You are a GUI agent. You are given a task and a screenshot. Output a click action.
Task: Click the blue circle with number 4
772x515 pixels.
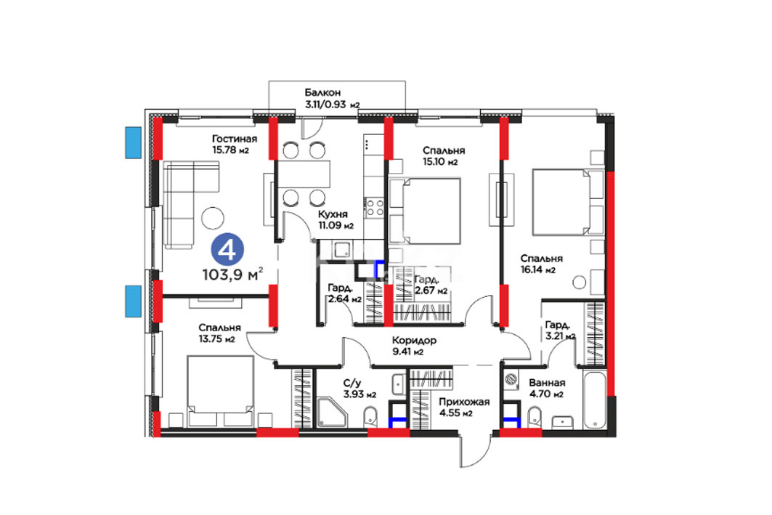pyautogui.click(x=227, y=251)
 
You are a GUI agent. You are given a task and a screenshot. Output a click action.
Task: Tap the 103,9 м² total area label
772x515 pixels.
pyautogui.click(x=232, y=274)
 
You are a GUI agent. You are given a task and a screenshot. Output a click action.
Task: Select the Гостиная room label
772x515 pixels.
pyautogui.click(x=235, y=139)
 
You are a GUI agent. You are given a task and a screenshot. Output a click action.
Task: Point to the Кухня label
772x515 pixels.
pyautogui.click(x=333, y=215)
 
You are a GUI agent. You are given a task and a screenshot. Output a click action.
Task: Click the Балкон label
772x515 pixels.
pyautogui.click(x=322, y=92)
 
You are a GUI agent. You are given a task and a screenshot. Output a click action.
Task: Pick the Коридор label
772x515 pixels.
pyautogui.click(x=414, y=340)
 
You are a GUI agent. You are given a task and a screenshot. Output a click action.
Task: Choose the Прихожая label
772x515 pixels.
pyautogui.click(x=464, y=402)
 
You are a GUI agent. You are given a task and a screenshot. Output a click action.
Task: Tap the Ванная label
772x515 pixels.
pyautogui.click(x=547, y=383)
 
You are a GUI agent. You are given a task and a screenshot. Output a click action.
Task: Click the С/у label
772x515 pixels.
pyautogui.click(x=352, y=383)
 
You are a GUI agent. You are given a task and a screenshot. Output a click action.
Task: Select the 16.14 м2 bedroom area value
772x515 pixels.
pyautogui.click(x=538, y=269)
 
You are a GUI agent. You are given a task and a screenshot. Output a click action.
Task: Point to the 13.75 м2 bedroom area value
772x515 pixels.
pyautogui.click(x=216, y=339)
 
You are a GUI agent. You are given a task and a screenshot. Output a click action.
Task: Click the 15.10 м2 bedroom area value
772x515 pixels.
pyautogui.click(x=440, y=162)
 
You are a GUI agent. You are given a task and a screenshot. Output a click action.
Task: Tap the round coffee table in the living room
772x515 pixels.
pyautogui.click(x=213, y=218)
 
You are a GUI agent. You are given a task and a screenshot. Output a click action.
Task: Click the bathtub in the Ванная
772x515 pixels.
pyautogui.click(x=595, y=400)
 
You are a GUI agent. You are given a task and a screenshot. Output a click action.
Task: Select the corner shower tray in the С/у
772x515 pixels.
pyautogui.click(x=333, y=413)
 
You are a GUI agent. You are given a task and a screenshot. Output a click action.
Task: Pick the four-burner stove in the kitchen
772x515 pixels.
pyautogui.click(x=375, y=207)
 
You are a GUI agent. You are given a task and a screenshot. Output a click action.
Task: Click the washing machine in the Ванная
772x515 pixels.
pyautogui.click(x=511, y=379)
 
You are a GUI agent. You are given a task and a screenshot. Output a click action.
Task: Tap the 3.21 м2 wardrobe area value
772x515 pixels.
pyautogui.click(x=560, y=337)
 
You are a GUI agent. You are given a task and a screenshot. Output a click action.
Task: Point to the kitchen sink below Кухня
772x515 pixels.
pyautogui.click(x=341, y=250)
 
